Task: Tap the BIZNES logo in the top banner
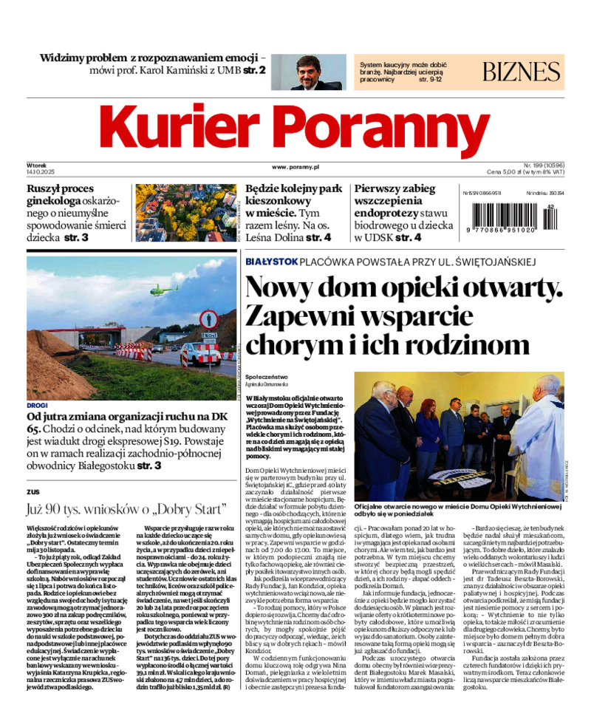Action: click(522, 72)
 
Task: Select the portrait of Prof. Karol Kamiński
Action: click(308, 72)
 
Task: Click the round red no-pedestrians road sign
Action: click(209, 319)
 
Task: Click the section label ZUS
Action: click(33, 491)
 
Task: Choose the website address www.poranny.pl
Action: click(295, 168)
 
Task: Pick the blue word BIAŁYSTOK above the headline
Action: click(271, 262)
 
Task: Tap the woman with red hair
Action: click(427, 428)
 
